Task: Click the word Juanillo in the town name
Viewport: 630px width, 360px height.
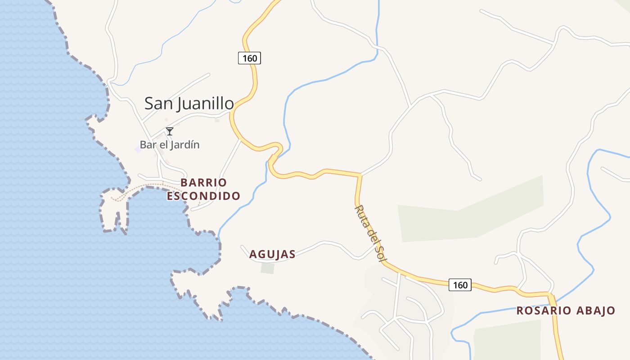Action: pos(206,104)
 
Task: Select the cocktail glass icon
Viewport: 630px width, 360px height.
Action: pos(170,131)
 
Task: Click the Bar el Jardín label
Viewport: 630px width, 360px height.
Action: pos(170,145)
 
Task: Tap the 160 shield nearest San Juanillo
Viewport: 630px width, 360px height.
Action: pos(249,58)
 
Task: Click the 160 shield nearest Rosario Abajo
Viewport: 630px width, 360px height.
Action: pos(460,285)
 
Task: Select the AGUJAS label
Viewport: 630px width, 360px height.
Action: pos(272,254)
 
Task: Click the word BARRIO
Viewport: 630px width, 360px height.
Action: pos(204,183)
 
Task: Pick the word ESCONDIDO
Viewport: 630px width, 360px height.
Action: pos(204,196)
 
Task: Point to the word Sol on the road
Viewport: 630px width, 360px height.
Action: pos(381,250)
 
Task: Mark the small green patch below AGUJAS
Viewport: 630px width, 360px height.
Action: pos(267,268)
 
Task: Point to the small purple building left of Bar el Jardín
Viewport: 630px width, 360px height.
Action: pos(138,149)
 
